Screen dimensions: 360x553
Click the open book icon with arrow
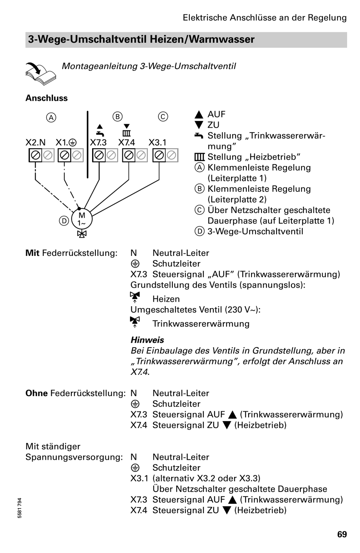(x=41, y=74)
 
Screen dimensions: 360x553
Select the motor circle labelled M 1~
(x=82, y=219)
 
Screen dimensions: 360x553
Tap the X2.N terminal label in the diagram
(x=36, y=143)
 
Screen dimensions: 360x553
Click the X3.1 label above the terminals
(x=157, y=143)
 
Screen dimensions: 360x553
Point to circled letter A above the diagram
(x=51, y=117)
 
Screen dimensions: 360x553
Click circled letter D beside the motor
(x=64, y=221)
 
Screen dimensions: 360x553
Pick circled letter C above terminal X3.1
(x=163, y=116)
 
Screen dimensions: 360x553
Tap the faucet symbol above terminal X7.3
(x=100, y=133)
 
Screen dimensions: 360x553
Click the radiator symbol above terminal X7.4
(x=126, y=133)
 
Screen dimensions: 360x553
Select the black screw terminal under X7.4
(x=128, y=155)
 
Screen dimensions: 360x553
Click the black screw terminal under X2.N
(x=35, y=155)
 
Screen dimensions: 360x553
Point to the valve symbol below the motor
(x=82, y=234)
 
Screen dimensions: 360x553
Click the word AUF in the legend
(x=216, y=114)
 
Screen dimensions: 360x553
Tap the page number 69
(x=342, y=534)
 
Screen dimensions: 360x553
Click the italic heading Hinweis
(x=147, y=340)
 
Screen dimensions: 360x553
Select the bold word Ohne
(x=36, y=393)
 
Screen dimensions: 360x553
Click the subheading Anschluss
(x=46, y=98)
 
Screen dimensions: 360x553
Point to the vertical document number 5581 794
(x=20, y=508)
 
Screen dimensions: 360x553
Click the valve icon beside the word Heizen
(x=135, y=297)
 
